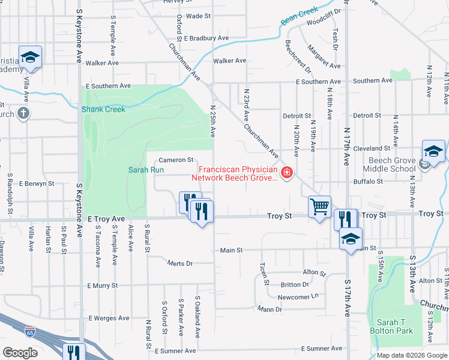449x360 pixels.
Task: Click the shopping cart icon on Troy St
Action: [319, 206]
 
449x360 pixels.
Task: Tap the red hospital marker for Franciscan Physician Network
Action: [287, 174]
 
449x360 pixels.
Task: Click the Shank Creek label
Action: [103, 109]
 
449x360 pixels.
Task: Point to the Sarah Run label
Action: [146, 170]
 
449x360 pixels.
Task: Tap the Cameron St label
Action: [176, 160]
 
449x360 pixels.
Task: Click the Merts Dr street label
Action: [179, 263]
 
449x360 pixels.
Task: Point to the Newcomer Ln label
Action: [298, 297]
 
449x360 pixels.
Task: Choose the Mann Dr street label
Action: [270, 310]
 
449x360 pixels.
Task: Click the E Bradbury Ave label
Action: [206, 38]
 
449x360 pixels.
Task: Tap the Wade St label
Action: [194, 16]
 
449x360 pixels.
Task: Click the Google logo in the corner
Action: [20, 353]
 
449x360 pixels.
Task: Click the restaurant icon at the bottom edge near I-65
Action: [73, 352]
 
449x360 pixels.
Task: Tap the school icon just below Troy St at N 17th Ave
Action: [349, 239]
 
